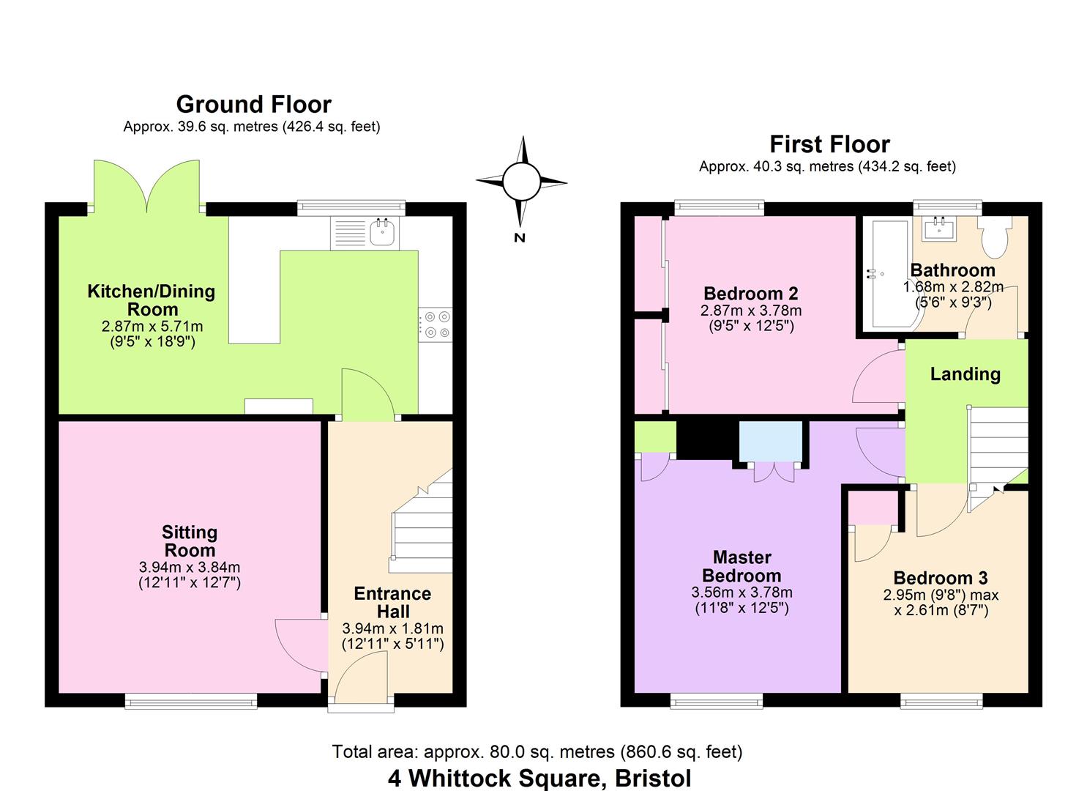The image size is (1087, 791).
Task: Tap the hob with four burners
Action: pyautogui.click(x=436, y=324)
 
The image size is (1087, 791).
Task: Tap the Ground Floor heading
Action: pyautogui.click(x=253, y=105)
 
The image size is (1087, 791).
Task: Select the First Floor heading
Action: pyautogui.click(x=829, y=144)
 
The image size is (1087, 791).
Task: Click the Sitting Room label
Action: pyautogui.click(x=189, y=541)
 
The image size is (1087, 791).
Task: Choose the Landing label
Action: pyautogui.click(x=965, y=374)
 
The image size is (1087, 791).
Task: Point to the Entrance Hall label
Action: pyautogui.click(x=392, y=602)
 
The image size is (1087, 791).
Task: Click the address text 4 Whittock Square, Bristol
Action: pyautogui.click(x=539, y=778)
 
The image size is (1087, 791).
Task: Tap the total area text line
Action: pyautogui.click(x=537, y=751)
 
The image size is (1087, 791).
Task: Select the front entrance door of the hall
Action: pyautogui.click(x=361, y=677)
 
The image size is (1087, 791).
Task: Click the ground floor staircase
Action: pyautogui.click(x=422, y=527)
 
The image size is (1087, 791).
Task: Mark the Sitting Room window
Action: pyautogui.click(x=191, y=701)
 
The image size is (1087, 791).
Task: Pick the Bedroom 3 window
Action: pyautogui.click(x=941, y=701)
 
